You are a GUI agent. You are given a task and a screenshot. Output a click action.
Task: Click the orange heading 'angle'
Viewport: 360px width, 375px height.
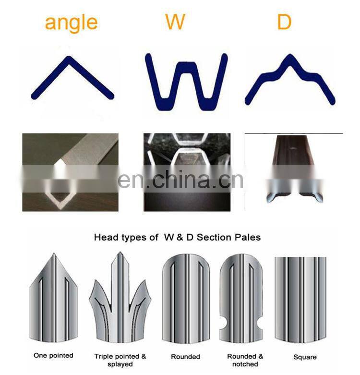click(x=71, y=22)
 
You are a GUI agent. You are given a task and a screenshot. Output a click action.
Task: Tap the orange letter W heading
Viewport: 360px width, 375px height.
click(x=175, y=22)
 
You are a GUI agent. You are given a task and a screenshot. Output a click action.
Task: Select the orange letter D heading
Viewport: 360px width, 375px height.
click(x=284, y=22)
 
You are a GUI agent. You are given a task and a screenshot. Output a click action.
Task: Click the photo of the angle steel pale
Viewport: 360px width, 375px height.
click(x=70, y=172)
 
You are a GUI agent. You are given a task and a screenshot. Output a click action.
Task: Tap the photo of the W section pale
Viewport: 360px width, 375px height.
click(x=187, y=172)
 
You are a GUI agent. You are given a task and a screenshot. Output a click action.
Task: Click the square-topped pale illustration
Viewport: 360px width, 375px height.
click(x=300, y=298)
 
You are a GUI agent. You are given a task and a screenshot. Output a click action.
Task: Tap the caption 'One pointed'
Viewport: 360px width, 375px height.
click(x=53, y=356)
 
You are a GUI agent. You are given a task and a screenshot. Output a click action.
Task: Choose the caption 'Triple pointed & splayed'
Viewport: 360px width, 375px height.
click(x=120, y=360)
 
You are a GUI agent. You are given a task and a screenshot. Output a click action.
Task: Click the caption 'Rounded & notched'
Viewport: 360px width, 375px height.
click(x=245, y=360)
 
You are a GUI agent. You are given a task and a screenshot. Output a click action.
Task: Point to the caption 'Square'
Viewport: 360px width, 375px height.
click(x=305, y=357)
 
